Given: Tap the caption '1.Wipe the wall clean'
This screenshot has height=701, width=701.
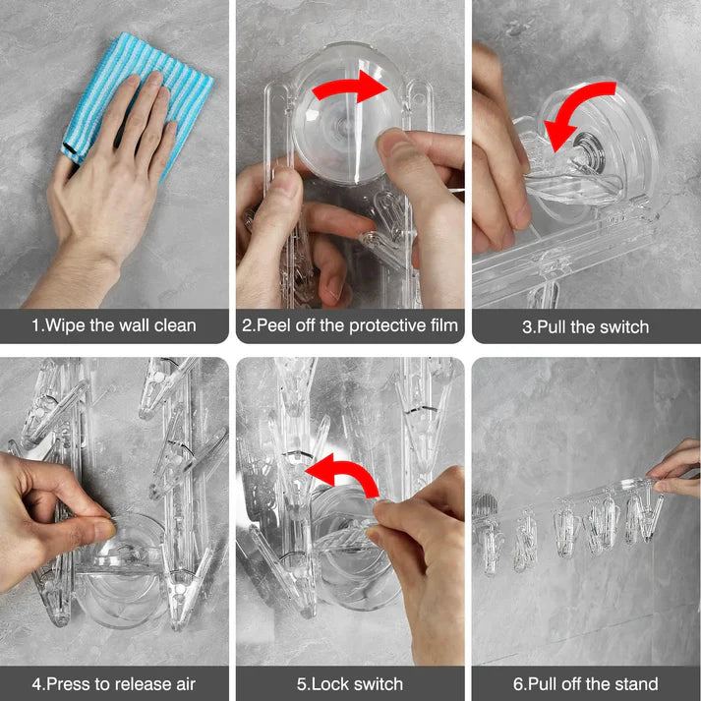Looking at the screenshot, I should [114, 325].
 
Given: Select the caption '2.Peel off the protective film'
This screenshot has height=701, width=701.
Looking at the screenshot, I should [350, 325].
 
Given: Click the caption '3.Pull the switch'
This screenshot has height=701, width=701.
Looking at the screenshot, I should [586, 326].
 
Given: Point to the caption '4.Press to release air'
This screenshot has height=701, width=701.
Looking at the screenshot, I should [114, 683].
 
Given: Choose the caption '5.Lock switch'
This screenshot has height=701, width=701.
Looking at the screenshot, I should [350, 683].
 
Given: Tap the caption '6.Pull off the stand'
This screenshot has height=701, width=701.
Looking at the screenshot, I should [586, 683].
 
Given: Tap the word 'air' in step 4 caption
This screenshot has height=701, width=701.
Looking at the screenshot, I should [184, 683].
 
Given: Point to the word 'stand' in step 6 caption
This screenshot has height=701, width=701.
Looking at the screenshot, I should [635, 683].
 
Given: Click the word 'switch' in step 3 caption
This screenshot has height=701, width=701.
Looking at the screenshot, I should [621, 326].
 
